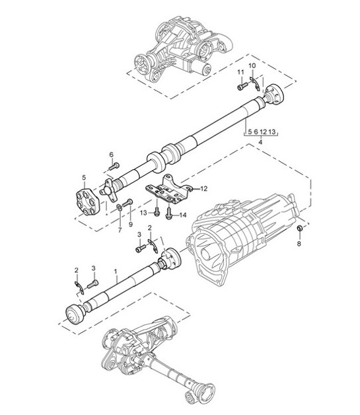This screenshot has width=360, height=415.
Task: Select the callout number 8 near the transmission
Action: click(x=299, y=244)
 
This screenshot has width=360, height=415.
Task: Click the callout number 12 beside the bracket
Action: click(x=204, y=188)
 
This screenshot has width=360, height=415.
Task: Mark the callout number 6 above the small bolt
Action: click(x=112, y=155)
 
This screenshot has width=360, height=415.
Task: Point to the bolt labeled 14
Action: click(x=169, y=213)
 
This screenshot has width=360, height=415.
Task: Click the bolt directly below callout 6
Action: click(x=114, y=167)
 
